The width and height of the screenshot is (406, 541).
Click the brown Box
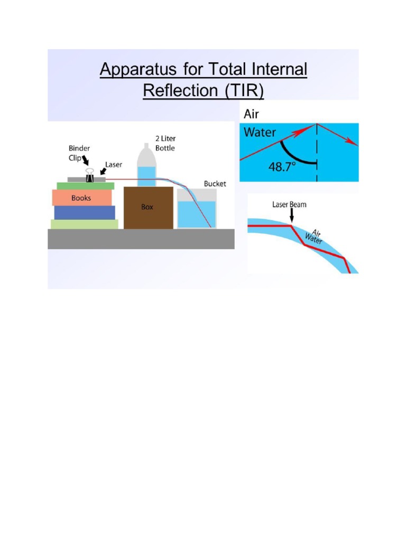[147, 207]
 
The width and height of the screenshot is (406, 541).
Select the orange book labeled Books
[82, 198]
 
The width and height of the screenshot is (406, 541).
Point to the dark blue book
[85, 212]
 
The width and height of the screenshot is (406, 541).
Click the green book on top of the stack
[85, 185]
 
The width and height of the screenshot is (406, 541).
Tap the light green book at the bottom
[85, 224]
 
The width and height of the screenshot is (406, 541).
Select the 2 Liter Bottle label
[165, 143]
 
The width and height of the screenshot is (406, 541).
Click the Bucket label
[215, 183]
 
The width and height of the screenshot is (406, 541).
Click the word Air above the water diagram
[252, 114]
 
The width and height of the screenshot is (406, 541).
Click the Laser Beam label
[289, 204]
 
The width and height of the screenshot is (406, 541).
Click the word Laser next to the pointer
[113, 164]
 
